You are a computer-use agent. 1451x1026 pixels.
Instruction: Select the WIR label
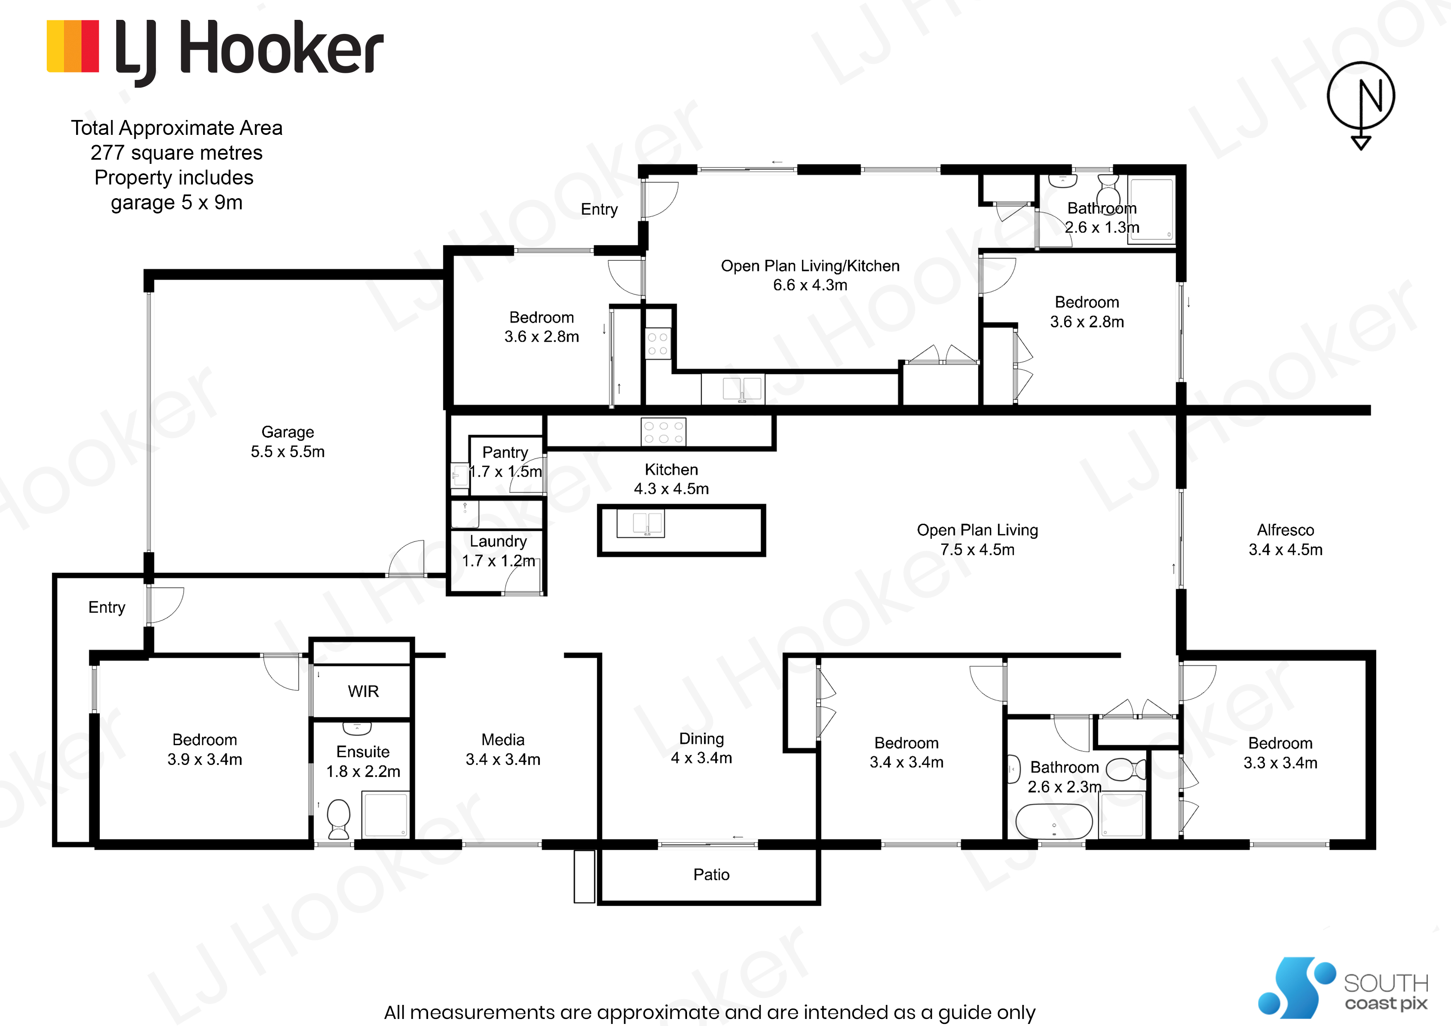364,691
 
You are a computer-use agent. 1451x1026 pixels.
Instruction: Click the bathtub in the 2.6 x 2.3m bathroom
1054,821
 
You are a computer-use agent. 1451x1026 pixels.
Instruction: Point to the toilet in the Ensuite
339,819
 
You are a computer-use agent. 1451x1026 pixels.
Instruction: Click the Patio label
711,874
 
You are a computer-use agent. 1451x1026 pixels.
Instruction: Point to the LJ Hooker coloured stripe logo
73,46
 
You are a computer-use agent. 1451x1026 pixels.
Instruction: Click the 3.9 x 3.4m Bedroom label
205,749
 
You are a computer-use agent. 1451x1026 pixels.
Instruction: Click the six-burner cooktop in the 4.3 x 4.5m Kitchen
663,432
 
